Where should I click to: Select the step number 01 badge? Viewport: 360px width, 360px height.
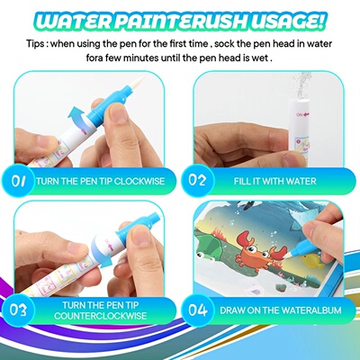[x=19, y=180]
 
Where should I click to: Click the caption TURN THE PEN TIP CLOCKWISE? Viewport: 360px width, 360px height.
[x=100, y=181]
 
